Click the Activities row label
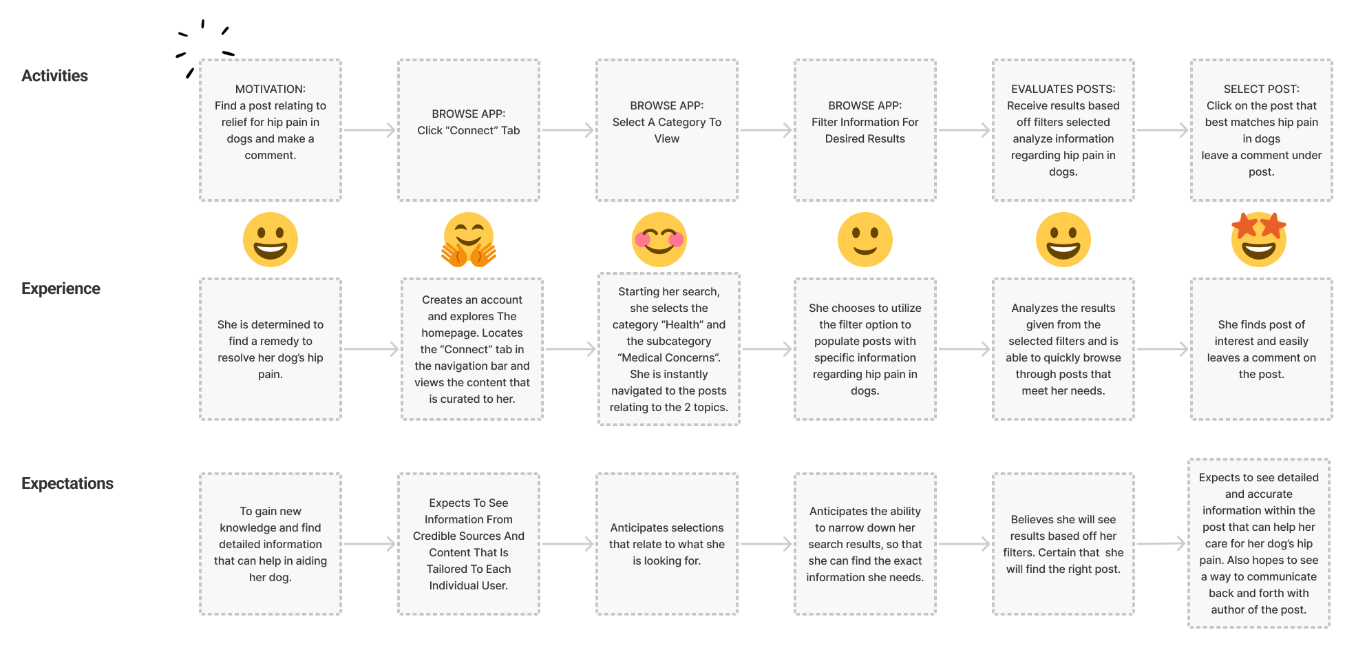[54, 76]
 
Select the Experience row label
[61, 289]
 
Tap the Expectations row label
[67, 483]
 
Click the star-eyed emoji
[1259, 239]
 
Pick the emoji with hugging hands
[469, 240]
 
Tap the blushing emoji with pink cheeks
[659, 240]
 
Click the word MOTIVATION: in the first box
[271, 89]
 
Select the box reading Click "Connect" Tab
[469, 130]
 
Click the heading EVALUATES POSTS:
[1063, 89]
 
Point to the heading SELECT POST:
[1262, 89]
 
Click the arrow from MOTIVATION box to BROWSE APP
[370, 130]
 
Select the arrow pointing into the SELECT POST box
[1163, 130]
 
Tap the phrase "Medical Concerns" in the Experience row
[669, 357]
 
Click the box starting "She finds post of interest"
[1262, 349]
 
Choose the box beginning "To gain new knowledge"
[271, 544]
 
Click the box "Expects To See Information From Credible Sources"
[469, 544]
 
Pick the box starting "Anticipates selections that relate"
[667, 544]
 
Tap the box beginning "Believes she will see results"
[1063, 544]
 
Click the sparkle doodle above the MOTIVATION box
[204, 47]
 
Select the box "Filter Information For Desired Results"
[865, 130]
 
